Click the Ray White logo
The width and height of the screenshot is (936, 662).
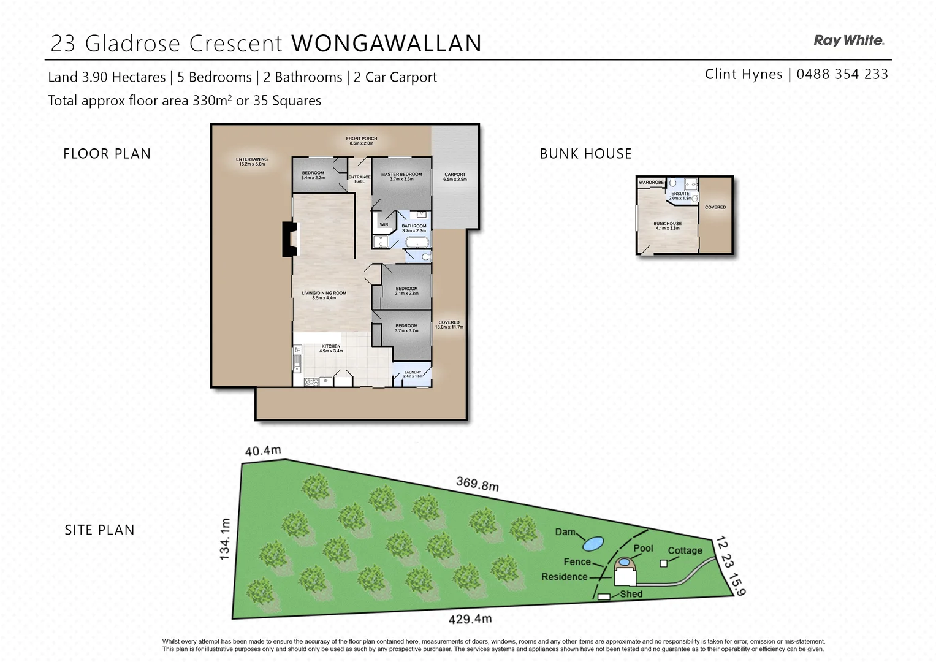848,40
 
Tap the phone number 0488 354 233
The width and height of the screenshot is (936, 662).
842,74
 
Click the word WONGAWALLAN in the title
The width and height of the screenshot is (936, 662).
386,44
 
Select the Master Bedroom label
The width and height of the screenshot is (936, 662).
401,177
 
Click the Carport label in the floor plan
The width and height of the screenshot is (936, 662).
455,177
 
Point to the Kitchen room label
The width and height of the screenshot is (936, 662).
331,348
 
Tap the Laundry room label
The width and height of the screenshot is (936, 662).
413,374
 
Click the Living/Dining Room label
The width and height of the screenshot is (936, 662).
324,295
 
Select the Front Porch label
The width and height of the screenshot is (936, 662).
361,140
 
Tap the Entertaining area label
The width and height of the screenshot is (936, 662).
251,161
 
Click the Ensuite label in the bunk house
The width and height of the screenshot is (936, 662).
680,196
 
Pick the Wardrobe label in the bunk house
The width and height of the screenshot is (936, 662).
651,183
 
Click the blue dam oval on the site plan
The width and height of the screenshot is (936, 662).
592,543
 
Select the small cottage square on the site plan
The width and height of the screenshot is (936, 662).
663,563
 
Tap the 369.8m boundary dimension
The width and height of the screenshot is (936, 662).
477,484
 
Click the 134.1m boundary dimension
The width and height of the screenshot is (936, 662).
225,538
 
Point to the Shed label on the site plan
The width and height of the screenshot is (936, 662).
631,594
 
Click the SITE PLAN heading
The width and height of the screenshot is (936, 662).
99,530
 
